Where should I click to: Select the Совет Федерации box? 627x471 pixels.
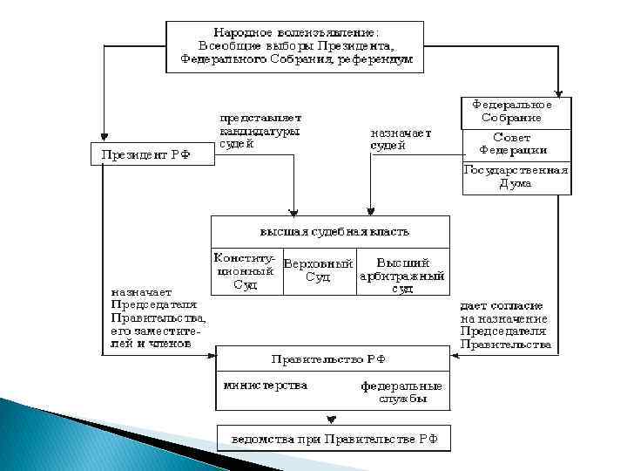(x=516, y=144)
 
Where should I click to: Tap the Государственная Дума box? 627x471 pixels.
(x=516, y=176)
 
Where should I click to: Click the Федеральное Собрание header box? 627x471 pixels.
(x=516, y=111)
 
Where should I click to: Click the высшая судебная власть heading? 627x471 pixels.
(x=330, y=233)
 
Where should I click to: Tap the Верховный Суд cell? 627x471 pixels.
(x=318, y=271)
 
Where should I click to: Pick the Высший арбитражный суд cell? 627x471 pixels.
(x=402, y=273)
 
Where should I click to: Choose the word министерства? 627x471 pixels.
(x=265, y=385)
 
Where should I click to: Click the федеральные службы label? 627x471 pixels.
(x=401, y=392)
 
